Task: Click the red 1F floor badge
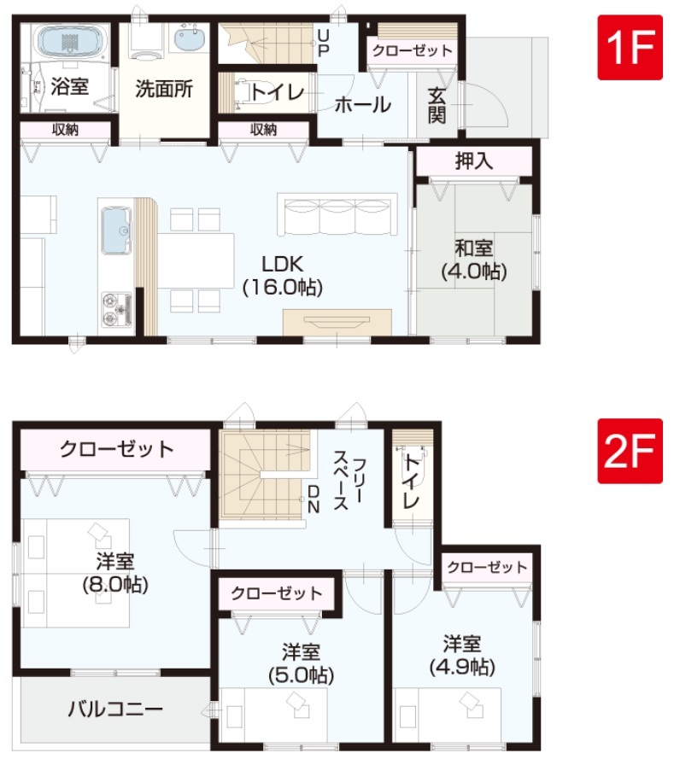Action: pos(630,47)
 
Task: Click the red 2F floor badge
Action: pos(630,451)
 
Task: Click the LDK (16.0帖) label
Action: pos(283,276)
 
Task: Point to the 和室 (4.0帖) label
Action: pos(474,260)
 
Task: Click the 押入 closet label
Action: pos(474,161)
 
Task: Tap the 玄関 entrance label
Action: pos(437,105)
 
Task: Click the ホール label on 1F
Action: pos(362,104)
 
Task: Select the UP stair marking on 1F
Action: pos(323,43)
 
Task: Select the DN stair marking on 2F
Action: pos(314,499)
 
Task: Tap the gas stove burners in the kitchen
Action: pos(117,309)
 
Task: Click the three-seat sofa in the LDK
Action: pos(337,214)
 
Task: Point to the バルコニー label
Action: pos(115,709)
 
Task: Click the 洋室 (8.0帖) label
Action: pos(115,572)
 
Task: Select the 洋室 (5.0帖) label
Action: pos(302,663)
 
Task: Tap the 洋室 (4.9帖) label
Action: pos(462,655)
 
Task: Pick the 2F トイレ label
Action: pos(412,482)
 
